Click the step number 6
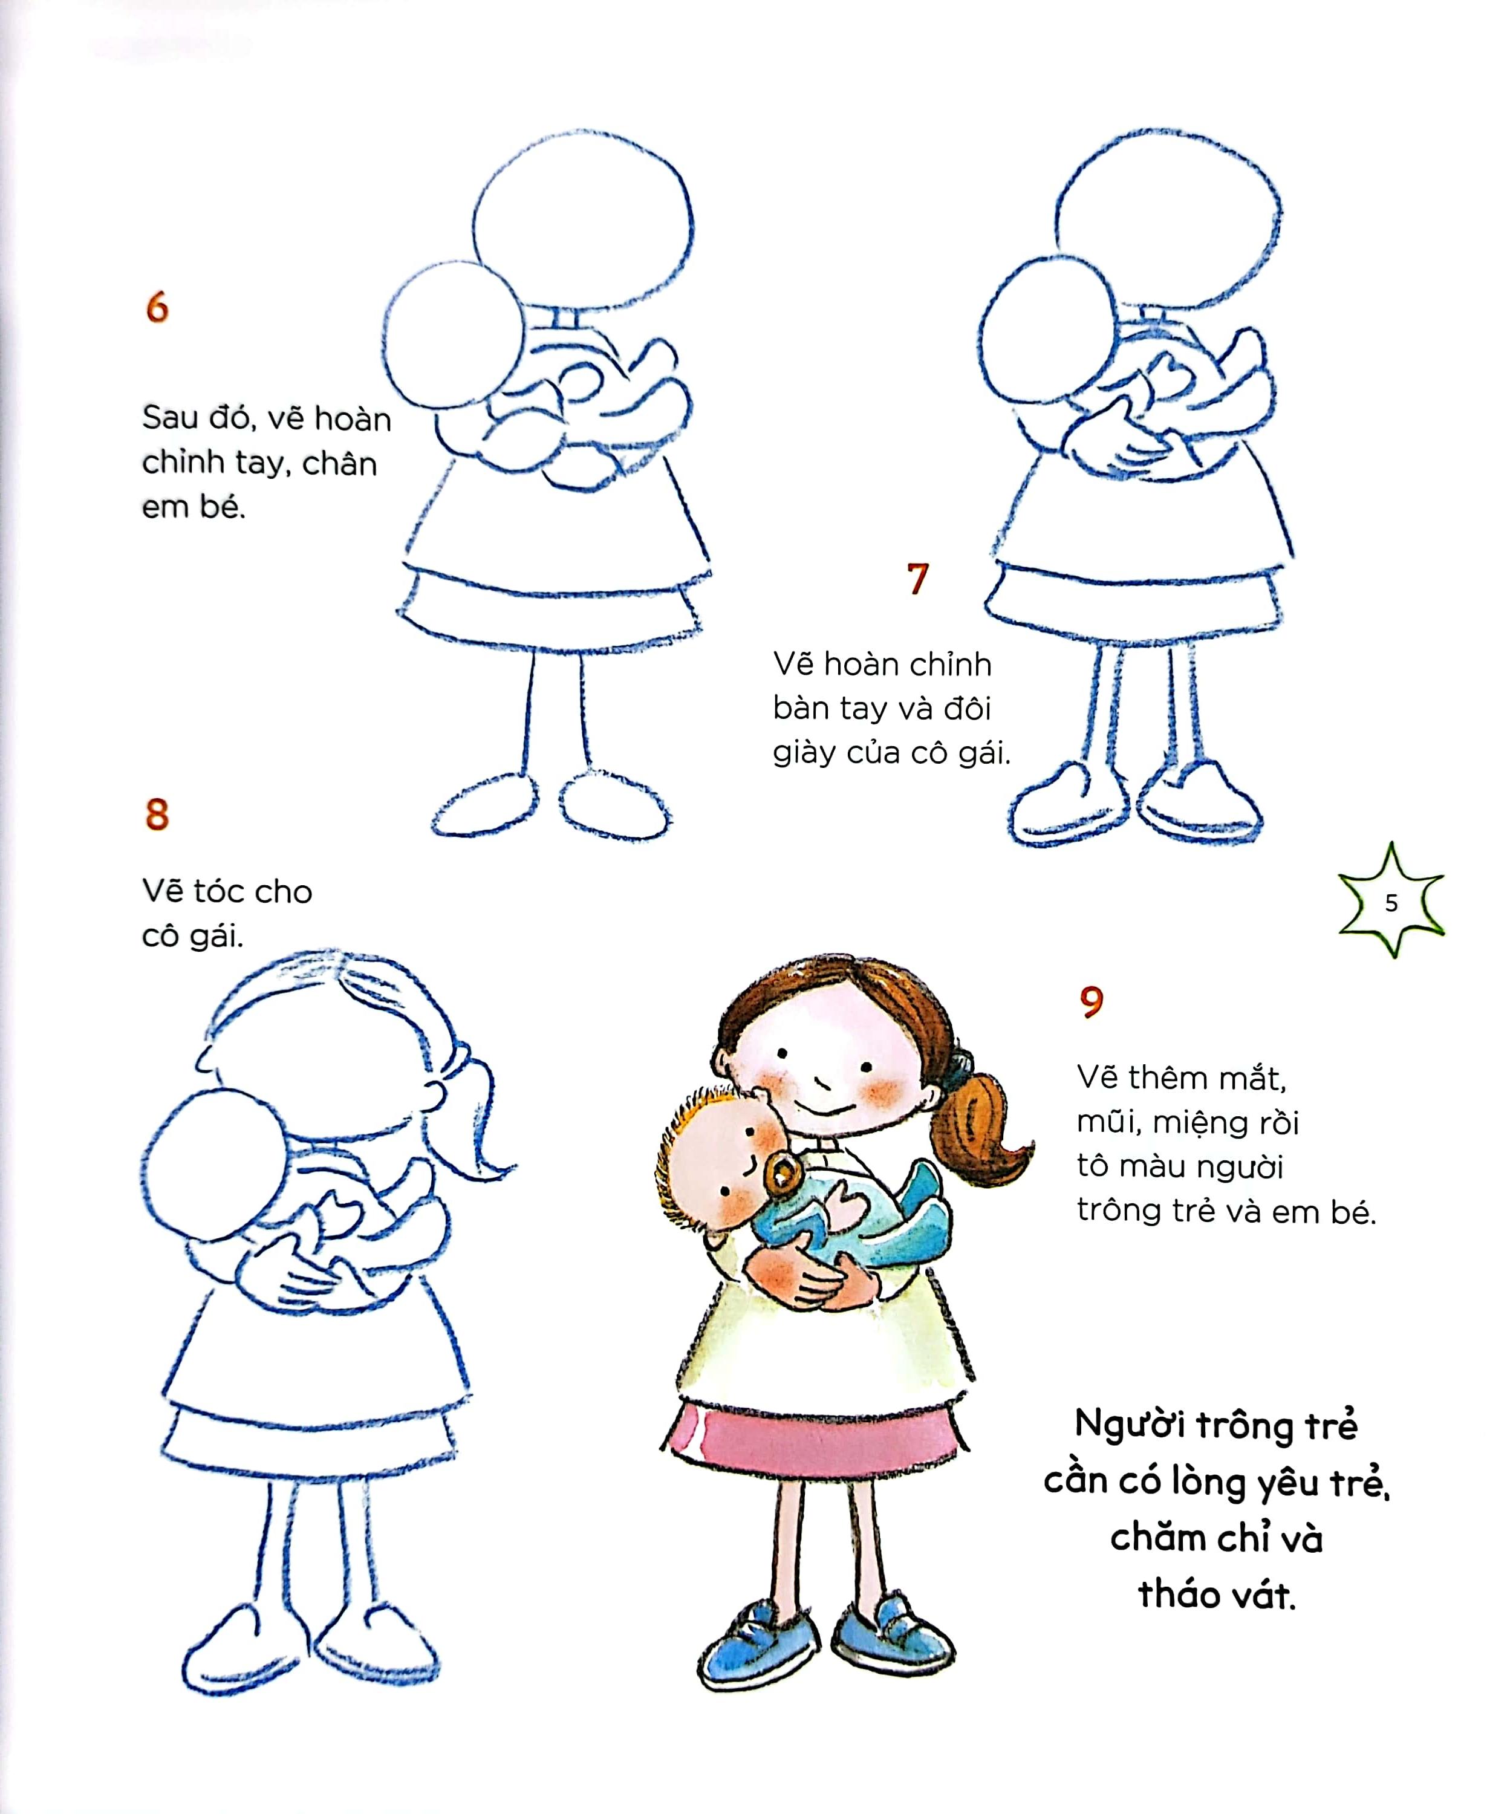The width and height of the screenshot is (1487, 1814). coord(157,307)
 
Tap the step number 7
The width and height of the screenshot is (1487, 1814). coord(917,579)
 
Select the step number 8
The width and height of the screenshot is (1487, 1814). coord(157,814)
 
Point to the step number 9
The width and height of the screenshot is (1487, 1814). coord(1092,1001)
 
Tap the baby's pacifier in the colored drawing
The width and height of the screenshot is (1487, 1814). coord(782,1174)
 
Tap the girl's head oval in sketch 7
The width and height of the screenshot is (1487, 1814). coord(1168,218)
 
